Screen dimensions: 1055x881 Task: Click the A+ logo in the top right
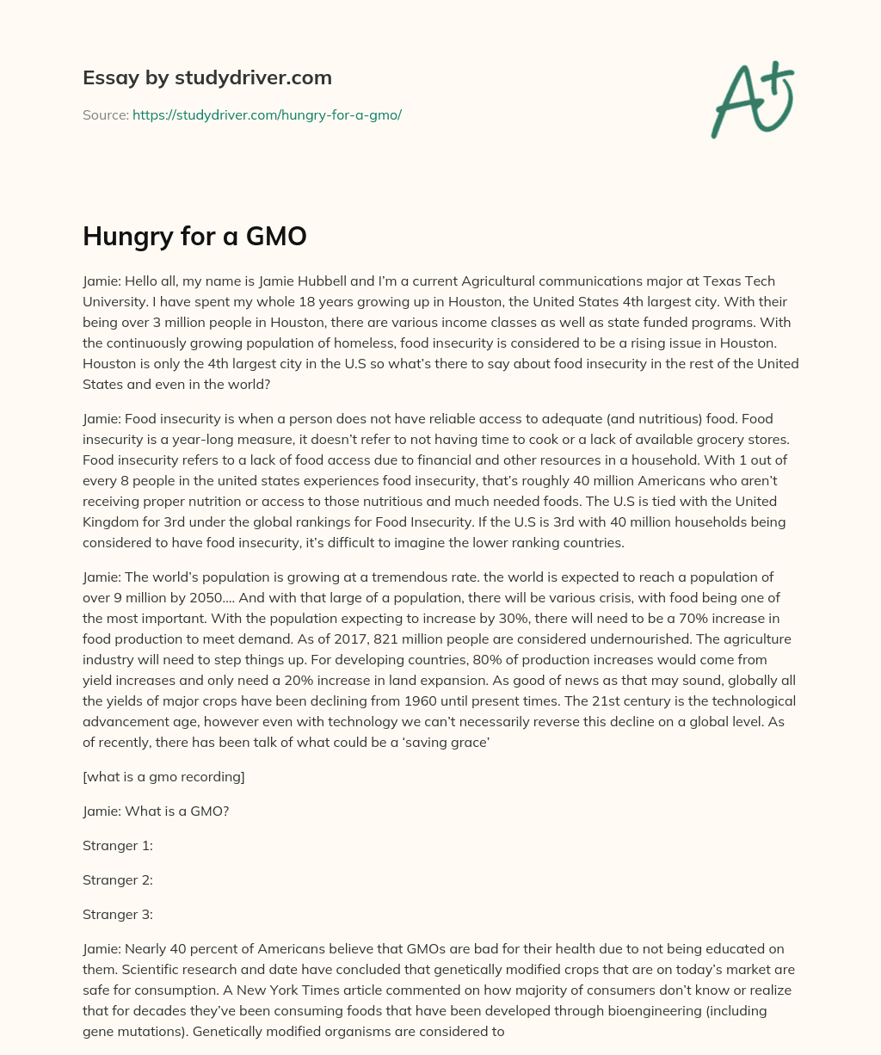click(x=752, y=100)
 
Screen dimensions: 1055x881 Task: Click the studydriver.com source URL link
click(x=267, y=114)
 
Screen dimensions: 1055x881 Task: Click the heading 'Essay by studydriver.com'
click(x=206, y=77)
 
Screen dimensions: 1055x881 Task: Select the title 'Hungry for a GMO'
click(x=194, y=236)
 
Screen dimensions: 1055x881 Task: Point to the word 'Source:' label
click(x=105, y=114)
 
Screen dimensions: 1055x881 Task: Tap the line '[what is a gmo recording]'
click(x=163, y=777)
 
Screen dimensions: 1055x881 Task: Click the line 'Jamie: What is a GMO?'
click(x=156, y=811)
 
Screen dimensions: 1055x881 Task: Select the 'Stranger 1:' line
click(x=118, y=845)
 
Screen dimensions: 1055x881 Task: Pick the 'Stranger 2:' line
click(x=118, y=879)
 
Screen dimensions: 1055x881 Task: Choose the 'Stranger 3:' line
click(x=118, y=914)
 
